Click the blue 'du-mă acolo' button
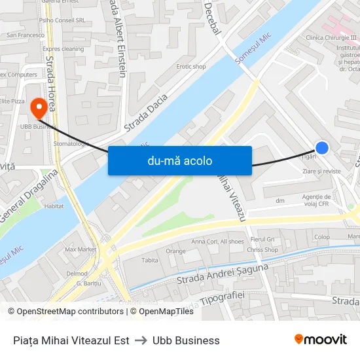(x=179, y=160)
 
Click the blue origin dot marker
(x=322, y=148)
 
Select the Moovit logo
(x=321, y=340)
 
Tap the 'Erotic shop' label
(x=190, y=67)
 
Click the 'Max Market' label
(x=81, y=249)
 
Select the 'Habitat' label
(x=54, y=206)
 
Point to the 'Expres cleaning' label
(x=63, y=49)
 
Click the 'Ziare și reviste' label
(x=322, y=171)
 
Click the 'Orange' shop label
(x=175, y=251)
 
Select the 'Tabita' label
(x=150, y=260)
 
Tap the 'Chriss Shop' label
(x=263, y=250)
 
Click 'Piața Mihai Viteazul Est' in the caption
(x=71, y=340)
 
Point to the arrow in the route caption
(x=141, y=340)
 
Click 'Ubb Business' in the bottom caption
(x=186, y=340)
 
